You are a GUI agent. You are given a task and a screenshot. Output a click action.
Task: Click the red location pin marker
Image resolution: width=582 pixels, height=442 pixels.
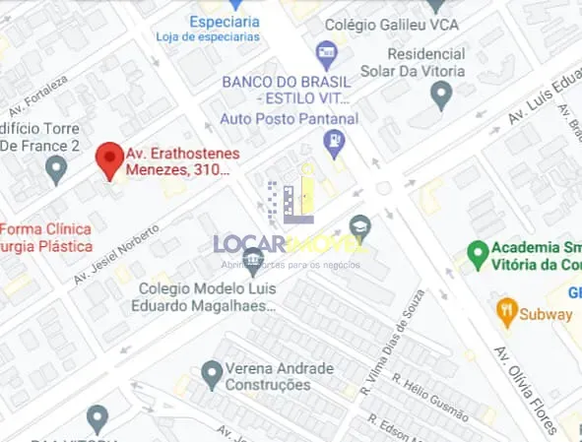coord(108,158)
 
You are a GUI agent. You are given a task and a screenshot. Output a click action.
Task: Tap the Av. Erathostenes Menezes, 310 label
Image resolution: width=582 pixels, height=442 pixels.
coord(178,161)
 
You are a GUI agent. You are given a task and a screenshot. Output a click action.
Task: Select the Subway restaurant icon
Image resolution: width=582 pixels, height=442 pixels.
coord(507,313)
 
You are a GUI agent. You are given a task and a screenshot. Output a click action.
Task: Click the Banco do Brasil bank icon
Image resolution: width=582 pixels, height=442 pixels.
coord(325,51)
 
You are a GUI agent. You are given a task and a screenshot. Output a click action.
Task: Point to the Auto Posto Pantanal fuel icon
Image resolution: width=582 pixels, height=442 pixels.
coord(336,145)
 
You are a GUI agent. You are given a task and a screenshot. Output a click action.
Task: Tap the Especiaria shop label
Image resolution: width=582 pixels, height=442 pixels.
coord(226,21)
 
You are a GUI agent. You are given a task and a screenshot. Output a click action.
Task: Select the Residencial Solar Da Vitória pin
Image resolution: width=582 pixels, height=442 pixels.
coord(441,95)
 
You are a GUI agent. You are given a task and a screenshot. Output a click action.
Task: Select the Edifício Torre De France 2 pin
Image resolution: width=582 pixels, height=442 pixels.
coord(56,171)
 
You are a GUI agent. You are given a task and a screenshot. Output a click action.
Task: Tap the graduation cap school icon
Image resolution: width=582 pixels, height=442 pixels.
coord(360,226)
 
